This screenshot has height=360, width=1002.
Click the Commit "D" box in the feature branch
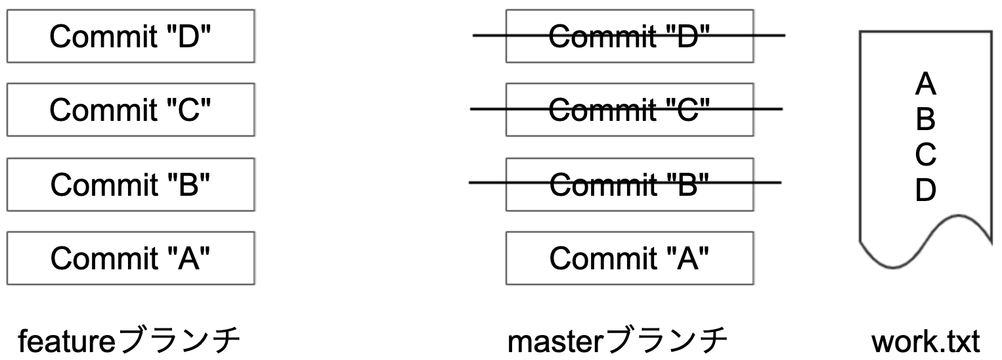click(x=131, y=36)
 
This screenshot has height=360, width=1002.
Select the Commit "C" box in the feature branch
click(x=131, y=110)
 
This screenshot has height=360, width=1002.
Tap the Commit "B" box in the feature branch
click(x=131, y=184)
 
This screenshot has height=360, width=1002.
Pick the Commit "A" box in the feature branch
click(x=131, y=258)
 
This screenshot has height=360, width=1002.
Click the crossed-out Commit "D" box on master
click(x=629, y=36)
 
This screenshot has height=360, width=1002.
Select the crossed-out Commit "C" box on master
click(x=629, y=110)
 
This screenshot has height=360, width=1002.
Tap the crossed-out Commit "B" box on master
click(x=629, y=184)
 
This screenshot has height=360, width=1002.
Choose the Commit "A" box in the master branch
click(x=629, y=258)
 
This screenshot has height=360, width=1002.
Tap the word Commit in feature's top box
click(x=98, y=36)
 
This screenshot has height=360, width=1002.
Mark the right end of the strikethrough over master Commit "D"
click(x=784, y=35)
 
